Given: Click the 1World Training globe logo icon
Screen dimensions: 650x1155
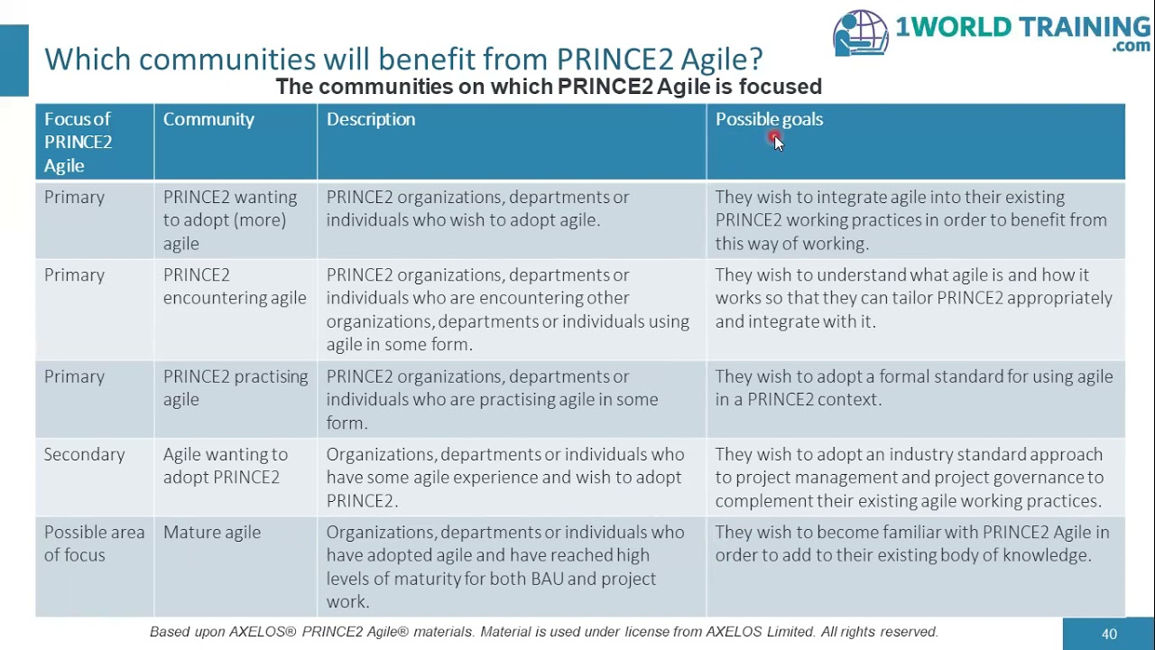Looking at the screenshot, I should pos(861,33).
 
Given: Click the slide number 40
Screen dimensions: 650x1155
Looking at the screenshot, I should pos(1109,634).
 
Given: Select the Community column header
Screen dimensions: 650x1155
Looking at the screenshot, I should pos(208,119).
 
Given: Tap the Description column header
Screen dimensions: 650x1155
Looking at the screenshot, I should pos(371,119).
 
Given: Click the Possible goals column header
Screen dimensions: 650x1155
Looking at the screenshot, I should pos(769,119).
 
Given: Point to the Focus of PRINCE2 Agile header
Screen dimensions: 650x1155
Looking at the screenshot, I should pos(79,142).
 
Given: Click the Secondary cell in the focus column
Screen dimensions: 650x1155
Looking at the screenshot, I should pos(84,454).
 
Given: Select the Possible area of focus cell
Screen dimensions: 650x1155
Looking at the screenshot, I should pos(94,543).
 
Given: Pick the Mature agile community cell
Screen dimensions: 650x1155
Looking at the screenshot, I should pos(212,533).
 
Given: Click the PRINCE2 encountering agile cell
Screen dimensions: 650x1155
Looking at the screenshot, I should pos(235,286).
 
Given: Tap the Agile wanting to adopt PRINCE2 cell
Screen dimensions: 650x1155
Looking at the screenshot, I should pos(226,466).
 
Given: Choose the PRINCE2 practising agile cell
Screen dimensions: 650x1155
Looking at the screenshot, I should pos(236,388).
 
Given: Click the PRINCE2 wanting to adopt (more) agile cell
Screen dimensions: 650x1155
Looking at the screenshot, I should pos(230,219).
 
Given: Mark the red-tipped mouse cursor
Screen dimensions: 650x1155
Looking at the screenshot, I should pos(776,140).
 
